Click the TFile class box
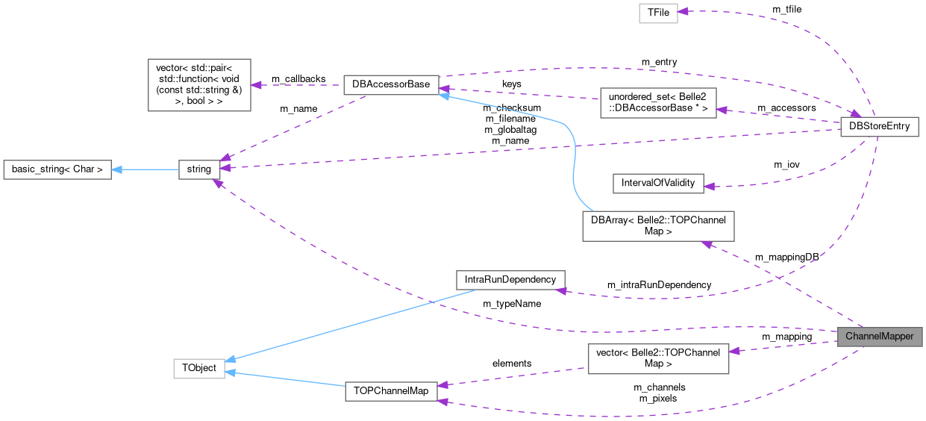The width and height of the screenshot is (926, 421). point(658,13)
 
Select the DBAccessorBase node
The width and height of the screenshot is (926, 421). point(390,84)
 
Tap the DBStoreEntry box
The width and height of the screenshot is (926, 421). point(879,126)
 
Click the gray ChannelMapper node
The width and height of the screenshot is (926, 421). point(879,337)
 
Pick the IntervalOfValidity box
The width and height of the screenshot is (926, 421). point(657,184)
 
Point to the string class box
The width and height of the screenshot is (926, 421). point(199,169)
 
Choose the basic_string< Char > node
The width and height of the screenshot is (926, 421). point(57,169)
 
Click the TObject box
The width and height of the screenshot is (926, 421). point(199,369)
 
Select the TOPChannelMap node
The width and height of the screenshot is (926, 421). point(390,392)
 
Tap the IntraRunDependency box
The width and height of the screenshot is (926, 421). point(510,280)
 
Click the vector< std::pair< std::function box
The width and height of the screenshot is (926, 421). point(199,85)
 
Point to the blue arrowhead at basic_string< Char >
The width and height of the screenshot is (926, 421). point(117,169)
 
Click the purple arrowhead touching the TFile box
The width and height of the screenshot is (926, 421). point(683,12)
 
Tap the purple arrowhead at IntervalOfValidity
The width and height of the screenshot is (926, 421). point(709,186)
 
